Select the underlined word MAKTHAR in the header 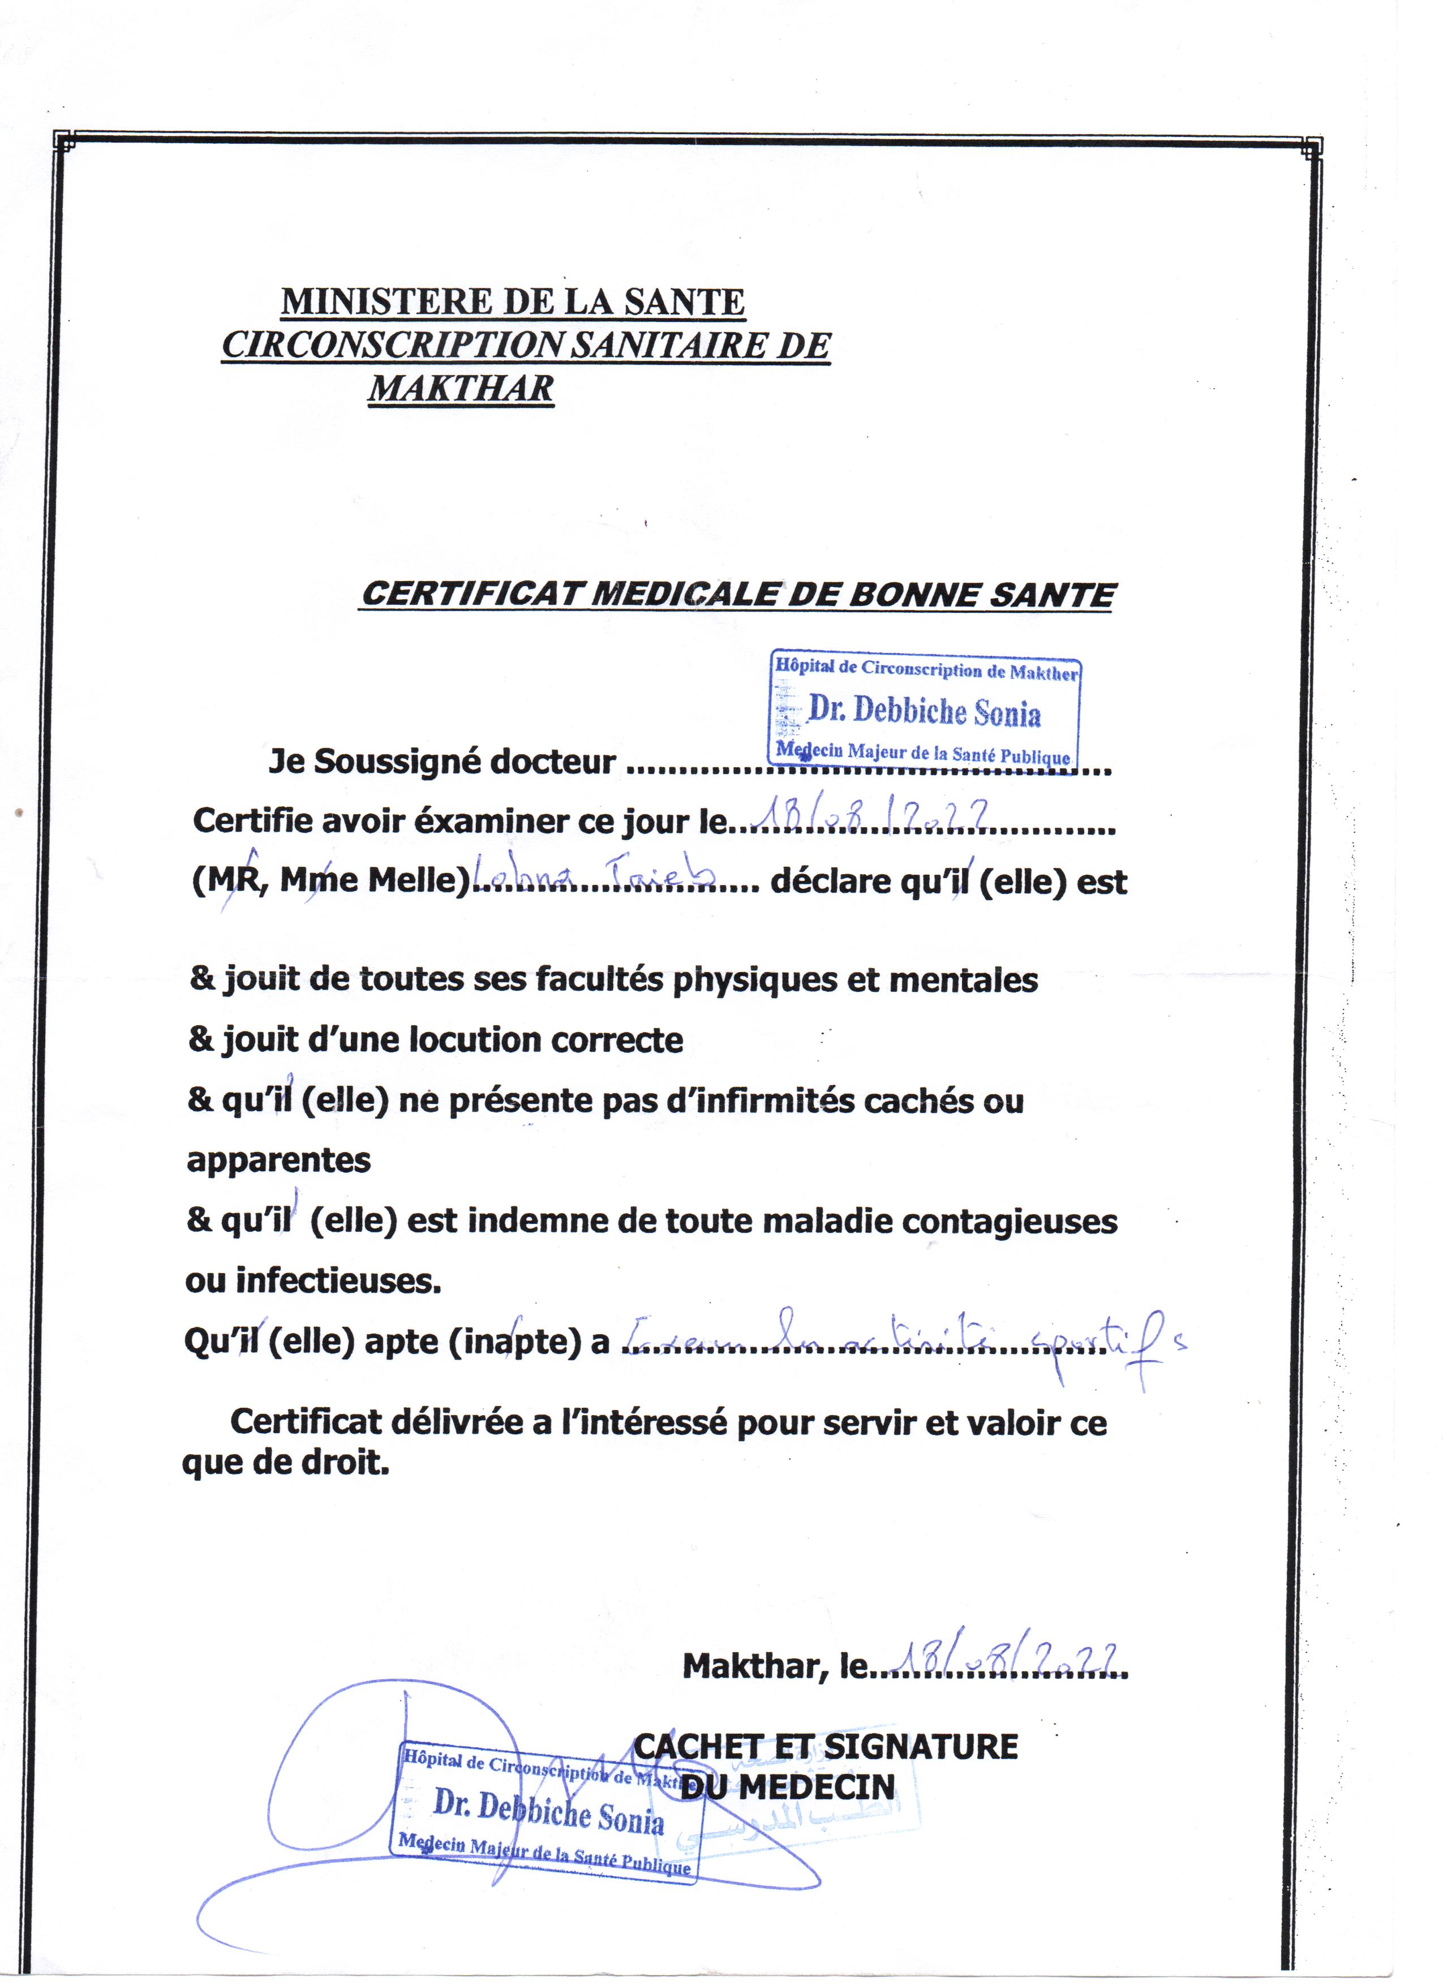[461, 388]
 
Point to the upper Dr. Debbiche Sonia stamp [925, 711]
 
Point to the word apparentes [278, 1161]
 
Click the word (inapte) [515, 1342]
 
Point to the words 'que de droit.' [285, 1463]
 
